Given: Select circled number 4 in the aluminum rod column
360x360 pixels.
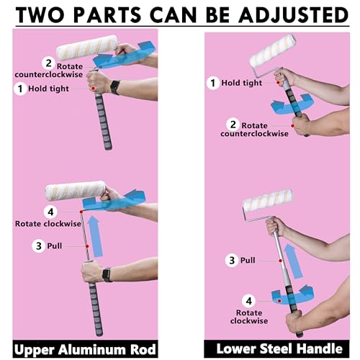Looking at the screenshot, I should [x=50, y=212].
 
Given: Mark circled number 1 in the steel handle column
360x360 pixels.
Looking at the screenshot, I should [x=212, y=83].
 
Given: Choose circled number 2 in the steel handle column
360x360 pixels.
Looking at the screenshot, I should [x=232, y=123].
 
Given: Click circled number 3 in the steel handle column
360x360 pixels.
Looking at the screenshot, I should [x=232, y=259].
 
